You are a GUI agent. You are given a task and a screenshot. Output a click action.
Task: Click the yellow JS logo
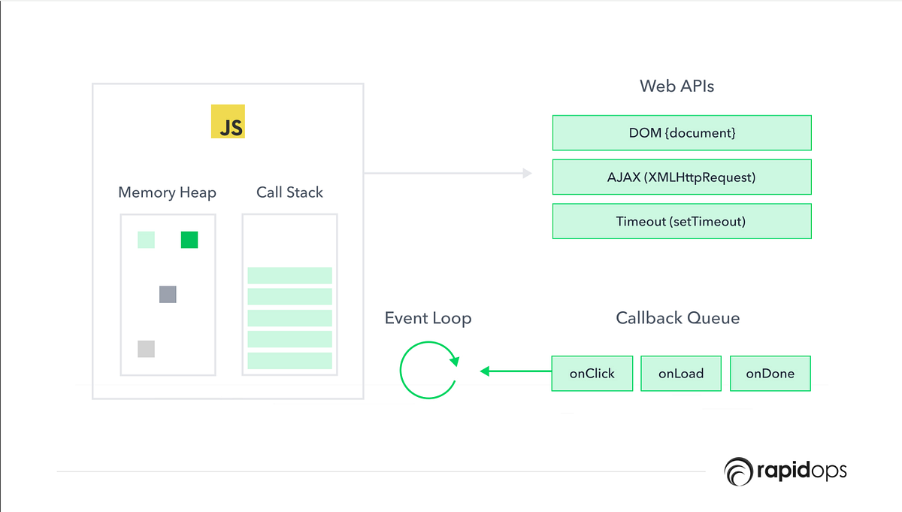[228, 122]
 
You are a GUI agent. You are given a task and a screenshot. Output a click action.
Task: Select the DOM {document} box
[682, 133]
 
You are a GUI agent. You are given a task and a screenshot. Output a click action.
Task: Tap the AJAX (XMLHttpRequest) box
[682, 177]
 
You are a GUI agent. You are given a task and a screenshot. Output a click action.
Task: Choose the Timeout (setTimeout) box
[682, 221]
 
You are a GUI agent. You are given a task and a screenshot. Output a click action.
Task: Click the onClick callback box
[592, 373]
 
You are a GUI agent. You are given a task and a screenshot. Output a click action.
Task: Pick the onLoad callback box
[681, 373]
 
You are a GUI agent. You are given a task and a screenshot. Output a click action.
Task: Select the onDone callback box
[770, 373]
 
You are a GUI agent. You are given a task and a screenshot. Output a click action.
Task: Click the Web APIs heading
[676, 86]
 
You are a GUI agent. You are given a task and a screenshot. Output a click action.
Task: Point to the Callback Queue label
[677, 318]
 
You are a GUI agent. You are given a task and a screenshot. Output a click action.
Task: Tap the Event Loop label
[428, 318]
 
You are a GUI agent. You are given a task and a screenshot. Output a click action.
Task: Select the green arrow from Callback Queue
[516, 371]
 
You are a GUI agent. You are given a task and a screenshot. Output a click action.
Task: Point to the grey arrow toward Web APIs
[447, 174]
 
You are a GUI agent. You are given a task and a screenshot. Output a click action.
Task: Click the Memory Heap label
[167, 192]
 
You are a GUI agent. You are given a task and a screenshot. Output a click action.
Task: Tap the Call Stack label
[289, 192]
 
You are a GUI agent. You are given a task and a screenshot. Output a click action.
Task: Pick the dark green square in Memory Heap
[189, 240]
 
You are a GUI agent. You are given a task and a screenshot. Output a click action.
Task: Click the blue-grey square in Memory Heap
[168, 294]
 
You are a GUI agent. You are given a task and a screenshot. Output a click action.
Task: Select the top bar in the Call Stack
[289, 275]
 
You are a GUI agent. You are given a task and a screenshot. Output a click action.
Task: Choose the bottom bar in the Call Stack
[289, 360]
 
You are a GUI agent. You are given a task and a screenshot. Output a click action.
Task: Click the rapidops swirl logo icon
[737, 471]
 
